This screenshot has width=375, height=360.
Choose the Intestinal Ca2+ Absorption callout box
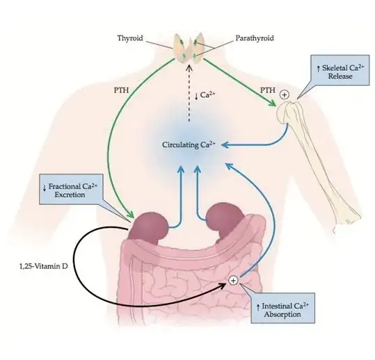tap(281, 309)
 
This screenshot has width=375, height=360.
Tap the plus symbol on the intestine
tap(233, 281)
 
